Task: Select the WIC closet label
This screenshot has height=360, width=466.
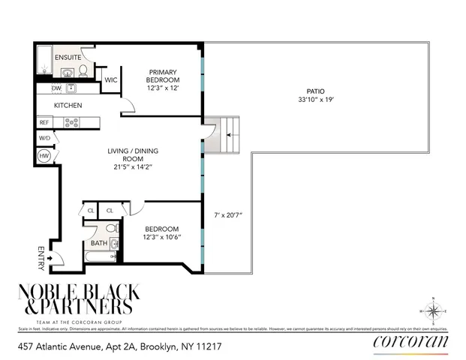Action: pyautogui.click(x=111, y=79)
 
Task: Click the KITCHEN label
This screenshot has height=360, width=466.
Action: pyautogui.click(x=68, y=106)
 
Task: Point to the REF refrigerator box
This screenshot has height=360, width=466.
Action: pyautogui.click(x=44, y=122)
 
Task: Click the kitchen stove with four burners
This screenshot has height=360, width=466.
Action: pyautogui.click(x=71, y=122)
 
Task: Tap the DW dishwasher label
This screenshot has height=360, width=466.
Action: pyautogui.click(x=56, y=88)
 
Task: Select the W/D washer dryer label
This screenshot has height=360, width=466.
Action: pyautogui.click(x=44, y=138)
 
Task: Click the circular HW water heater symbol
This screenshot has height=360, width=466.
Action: pyautogui.click(x=44, y=155)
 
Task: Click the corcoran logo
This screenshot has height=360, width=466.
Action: pyautogui.click(x=410, y=342)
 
